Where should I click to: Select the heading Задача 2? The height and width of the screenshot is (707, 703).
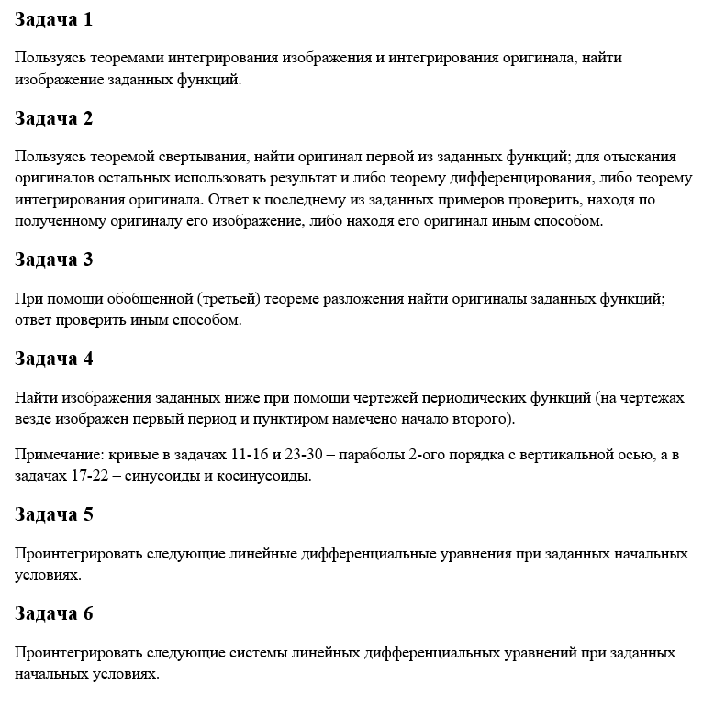pyautogui.click(x=54, y=119)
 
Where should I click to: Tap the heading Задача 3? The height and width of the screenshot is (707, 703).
pyautogui.click(x=54, y=260)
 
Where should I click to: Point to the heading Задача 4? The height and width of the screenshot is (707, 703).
pyautogui.click(x=54, y=359)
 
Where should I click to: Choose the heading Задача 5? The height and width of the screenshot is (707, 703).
pyautogui.click(x=54, y=514)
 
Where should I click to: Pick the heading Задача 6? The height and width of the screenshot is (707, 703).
pyautogui.click(x=54, y=613)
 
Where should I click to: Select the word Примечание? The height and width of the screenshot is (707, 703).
pyautogui.click(x=58, y=455)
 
